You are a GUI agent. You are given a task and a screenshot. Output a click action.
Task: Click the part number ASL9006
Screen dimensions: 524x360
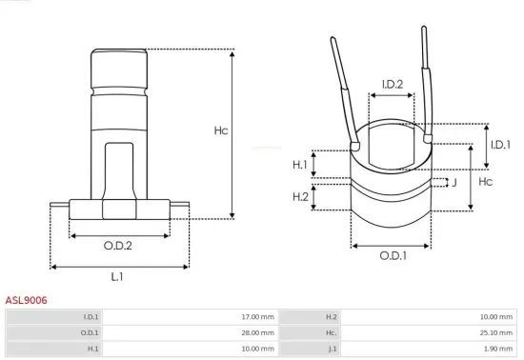pyautogui.click(x=26, y=300)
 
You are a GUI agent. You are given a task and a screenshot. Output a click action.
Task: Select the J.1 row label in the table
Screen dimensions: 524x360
pyautogui.click(x=333, y=349)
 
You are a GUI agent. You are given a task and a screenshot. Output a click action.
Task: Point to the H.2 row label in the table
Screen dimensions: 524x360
pyautogui.click(x=332, y=316)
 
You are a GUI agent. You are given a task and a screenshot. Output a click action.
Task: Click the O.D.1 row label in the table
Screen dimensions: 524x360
pyautogui.click(x=90, y=332)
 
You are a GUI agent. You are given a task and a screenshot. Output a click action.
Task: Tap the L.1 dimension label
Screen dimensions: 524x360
pyautogui.click(x=117, y=276)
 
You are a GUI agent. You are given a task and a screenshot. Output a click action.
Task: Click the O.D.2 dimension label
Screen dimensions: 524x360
pyautogui.click(x=117, y=246)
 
